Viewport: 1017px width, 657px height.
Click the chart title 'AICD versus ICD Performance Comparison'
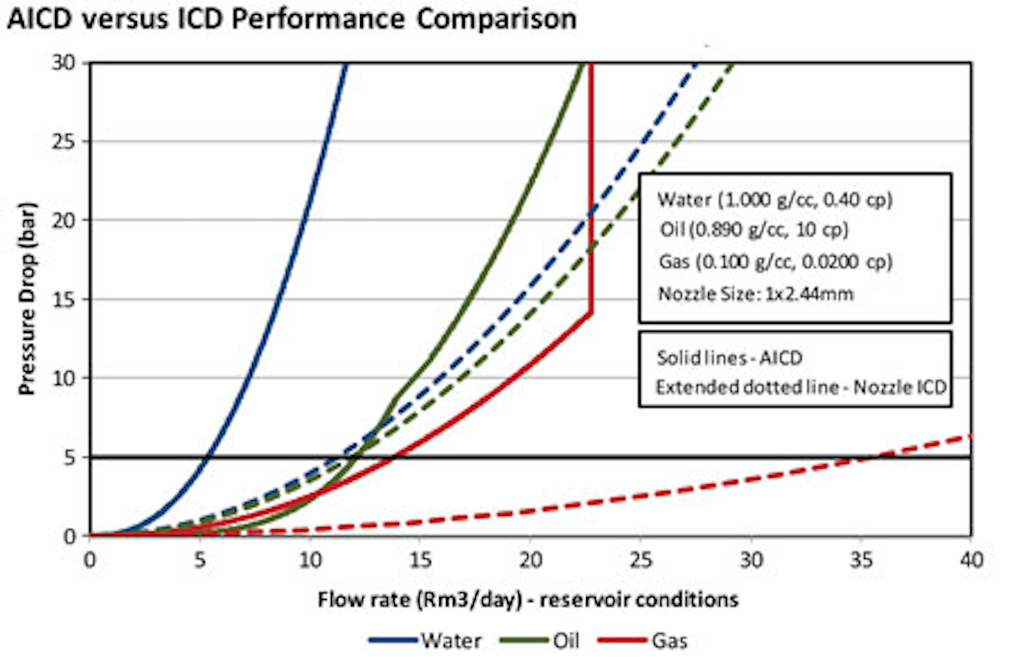click(x=291, y=18)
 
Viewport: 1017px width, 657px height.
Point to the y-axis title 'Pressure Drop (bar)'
click(x=27, y=299)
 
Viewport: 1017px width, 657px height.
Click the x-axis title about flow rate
click(x=528, y=600)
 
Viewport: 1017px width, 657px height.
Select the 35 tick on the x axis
click(x=862, y=560)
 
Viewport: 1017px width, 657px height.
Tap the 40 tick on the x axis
click(x=972, y=560)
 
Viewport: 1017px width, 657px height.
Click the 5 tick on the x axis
click(x=200, y=560)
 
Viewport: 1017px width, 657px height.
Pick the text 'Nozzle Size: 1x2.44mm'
click(x=756, y=294)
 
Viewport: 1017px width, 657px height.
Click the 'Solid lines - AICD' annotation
click(x=730, y=358)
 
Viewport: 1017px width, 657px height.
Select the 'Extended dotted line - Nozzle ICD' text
click(x=801, y=387)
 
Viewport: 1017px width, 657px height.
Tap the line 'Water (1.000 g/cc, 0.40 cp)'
click(x=775, y=200)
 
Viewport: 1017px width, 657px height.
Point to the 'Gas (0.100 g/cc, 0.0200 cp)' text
click(x=775, y=262)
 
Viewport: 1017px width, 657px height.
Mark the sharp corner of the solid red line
click(x=590, y=313)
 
